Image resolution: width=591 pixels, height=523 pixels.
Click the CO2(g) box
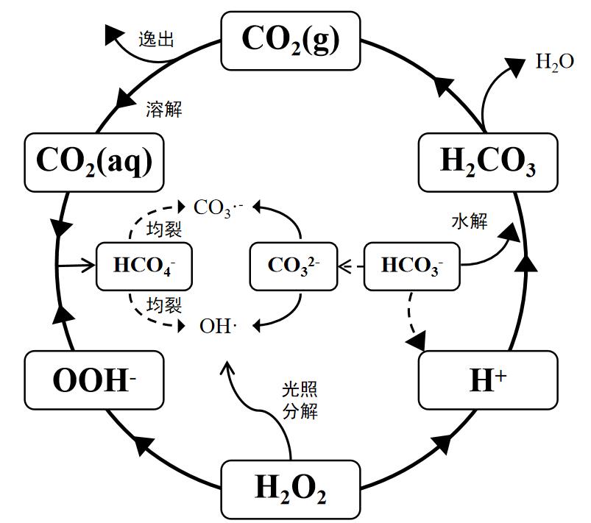pyautogui.click(x=291, y=40)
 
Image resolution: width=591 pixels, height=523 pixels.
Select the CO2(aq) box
pyautogui.click(x=93, y=162)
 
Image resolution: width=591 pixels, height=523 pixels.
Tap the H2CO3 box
pyautogui.click(x=488, y=162)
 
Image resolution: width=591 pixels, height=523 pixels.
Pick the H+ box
pyautogui.click(x=488, y=380)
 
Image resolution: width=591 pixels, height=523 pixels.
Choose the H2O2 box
pyautogui.click(x=291, y=487)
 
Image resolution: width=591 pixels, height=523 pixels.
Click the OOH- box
pyautogui.click(x=93, y=380)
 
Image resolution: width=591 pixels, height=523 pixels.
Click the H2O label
pyautogui.click(x=554, y=63)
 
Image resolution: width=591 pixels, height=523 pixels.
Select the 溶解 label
pyautogui.click(x=164, y=110)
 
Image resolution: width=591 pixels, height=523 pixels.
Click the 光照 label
pyautogui.click(x=300, y=390)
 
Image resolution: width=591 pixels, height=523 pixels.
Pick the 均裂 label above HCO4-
pyautogui.click(x=164, y=229)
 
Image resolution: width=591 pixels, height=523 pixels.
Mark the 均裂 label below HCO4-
pyautogui.click(x=164, y=302)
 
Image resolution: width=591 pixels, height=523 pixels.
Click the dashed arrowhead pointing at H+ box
pyautogui.click(x=417, y=341)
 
